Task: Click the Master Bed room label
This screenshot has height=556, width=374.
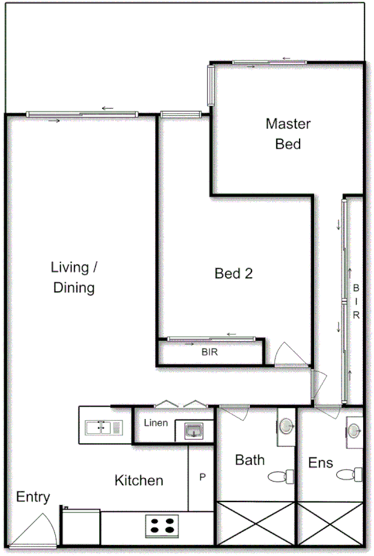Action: [x=288, y=134]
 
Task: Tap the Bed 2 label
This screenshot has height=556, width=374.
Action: [x=234, y=274]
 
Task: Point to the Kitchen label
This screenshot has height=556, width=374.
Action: [x=138, y=480]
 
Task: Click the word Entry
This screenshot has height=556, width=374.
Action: [x=33, y=497]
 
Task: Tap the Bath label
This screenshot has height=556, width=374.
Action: [x=249, y=460]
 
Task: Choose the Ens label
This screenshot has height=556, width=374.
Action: [x=320, y=462]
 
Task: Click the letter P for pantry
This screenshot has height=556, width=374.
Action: [x=202, y=476]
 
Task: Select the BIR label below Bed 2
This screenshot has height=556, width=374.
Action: [x=210, y=351]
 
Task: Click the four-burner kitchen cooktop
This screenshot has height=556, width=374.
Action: [x=163, y=526]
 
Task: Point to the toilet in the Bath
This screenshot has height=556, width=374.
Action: [x=281, y=475]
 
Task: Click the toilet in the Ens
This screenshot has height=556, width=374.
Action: [x=352, y=474]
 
